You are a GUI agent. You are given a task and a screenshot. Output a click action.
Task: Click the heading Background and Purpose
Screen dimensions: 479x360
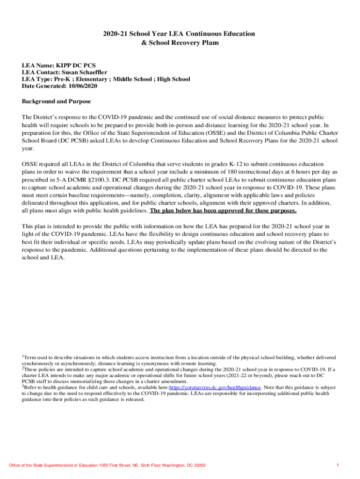point(57,102)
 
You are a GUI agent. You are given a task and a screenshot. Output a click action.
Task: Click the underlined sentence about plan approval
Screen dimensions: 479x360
point(223,210)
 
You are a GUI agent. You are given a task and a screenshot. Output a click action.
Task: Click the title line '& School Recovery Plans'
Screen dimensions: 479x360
point(180,43)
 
